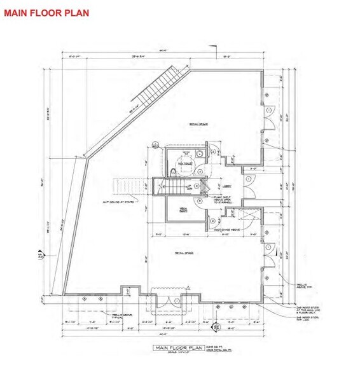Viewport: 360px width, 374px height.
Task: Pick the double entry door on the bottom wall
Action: click(x=169, y=301)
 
